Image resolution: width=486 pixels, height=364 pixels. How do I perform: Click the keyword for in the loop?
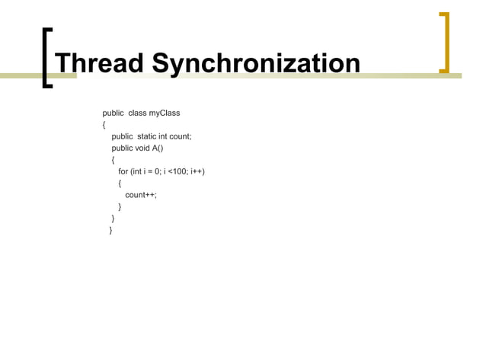coord(123,171)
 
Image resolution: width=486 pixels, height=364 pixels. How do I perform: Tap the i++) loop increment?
coord(198,171)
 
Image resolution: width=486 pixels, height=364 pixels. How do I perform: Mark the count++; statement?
coord(141,195)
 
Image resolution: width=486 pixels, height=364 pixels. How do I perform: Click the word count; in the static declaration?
coord(181,137)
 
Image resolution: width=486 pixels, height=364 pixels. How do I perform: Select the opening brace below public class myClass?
coord(105,126)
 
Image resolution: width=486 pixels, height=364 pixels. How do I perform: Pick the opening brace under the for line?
coord(120,184)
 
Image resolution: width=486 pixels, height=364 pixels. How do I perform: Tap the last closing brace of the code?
coord(111,229)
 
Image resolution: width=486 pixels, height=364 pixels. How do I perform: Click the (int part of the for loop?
coord(139,171)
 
